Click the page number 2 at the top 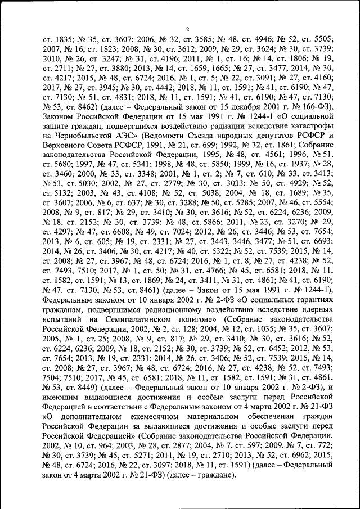(x=187, y=29)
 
